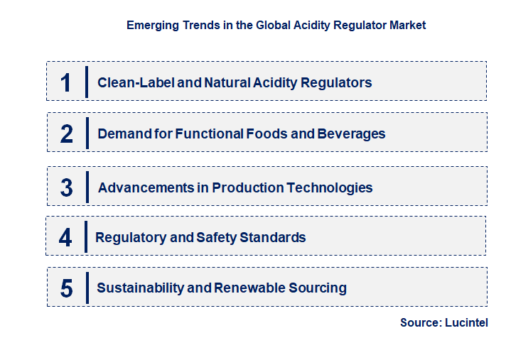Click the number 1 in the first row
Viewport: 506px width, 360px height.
(66, 82)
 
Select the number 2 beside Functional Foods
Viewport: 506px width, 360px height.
(66, 133)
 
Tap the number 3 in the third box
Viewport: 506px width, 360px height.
(66, 187)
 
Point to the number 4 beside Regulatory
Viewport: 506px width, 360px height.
(65, 237)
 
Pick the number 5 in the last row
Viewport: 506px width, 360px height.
(66, 288)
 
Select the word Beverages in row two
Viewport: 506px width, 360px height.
(353, 133)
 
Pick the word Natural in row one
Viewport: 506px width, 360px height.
(227, 82)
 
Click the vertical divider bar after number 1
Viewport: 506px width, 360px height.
(87, 82)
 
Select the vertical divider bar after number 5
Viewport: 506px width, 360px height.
(87, 288)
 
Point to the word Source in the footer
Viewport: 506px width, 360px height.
(421, 322)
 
